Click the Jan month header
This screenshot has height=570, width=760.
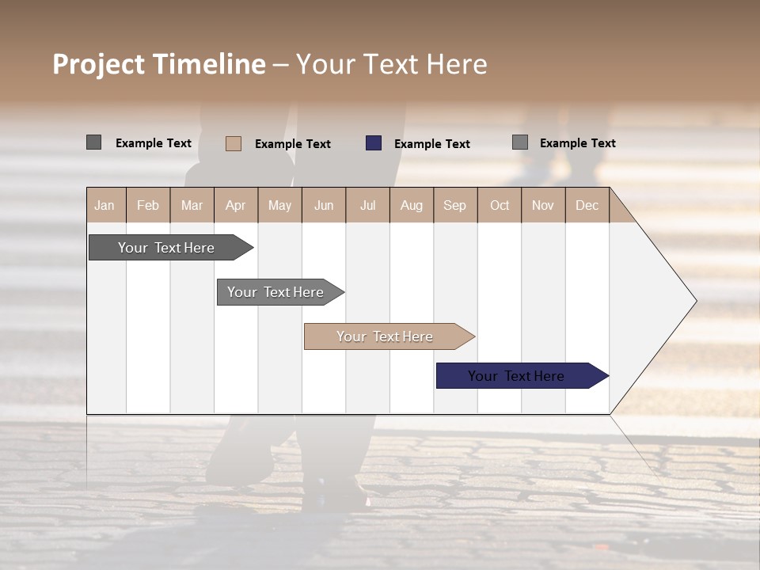104,205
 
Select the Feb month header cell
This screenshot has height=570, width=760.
148,205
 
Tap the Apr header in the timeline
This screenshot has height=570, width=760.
236,205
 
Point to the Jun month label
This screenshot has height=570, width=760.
324,205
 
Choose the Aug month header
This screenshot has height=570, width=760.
412,205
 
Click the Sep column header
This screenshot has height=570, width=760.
455,205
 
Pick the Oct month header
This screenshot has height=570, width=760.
500,205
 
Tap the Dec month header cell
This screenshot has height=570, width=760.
587,205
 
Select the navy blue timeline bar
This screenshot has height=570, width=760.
516,376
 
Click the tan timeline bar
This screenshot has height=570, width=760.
385,336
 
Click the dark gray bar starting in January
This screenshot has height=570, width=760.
166,248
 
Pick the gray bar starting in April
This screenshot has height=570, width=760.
275,292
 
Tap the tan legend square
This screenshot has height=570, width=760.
234,143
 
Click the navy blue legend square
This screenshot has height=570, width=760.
374,143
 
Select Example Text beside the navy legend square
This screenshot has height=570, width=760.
432,144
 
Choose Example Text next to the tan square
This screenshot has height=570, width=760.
293,144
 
